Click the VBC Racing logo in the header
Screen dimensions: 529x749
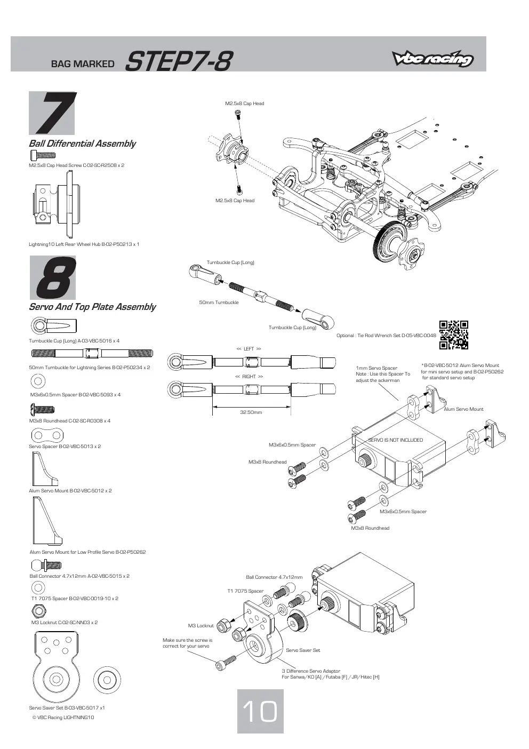433,59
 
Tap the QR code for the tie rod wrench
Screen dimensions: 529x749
453,334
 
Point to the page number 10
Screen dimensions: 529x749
260,711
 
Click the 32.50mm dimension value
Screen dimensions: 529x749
251,412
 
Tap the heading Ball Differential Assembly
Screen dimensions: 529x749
82,144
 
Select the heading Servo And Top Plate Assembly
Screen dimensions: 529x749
92,307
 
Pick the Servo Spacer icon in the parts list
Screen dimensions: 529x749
47,435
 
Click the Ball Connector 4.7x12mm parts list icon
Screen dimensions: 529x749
46,565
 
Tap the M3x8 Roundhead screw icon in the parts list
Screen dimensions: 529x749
42,409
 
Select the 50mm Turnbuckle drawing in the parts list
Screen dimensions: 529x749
92,353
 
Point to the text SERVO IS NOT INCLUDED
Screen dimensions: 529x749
395,440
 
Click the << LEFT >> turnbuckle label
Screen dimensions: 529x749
249,349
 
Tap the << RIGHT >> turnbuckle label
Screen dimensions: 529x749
249,377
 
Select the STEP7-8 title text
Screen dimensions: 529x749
179,61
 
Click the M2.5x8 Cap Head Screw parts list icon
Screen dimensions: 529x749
43,155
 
